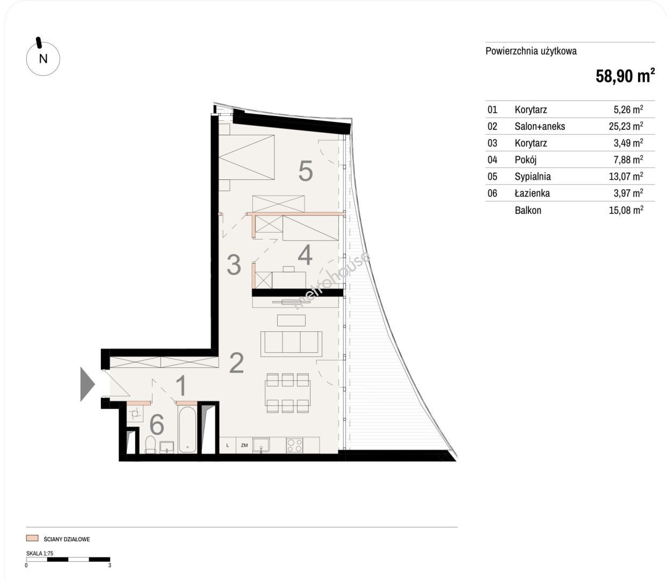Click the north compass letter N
tap(43, 59)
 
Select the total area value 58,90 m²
tap(625, 76)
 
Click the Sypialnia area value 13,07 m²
tap(626, 176)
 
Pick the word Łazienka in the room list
tap(532, 193)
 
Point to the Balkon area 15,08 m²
tap(626, 211)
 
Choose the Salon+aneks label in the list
tap(540, 126)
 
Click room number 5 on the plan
tap(306, 171)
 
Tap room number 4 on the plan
tap(305, 255)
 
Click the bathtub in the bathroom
tap(187, 429)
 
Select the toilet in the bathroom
tap(150, 444)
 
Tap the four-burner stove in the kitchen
tap(294, 445)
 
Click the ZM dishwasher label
tap(244, 445)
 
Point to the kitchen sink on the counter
tap(261, 445)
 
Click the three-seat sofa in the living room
tap(291, 344)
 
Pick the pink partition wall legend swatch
tap(32, 538)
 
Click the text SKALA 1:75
tap(40, 553)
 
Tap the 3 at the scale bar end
tap(110, 565)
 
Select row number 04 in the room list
tap(492, 160)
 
